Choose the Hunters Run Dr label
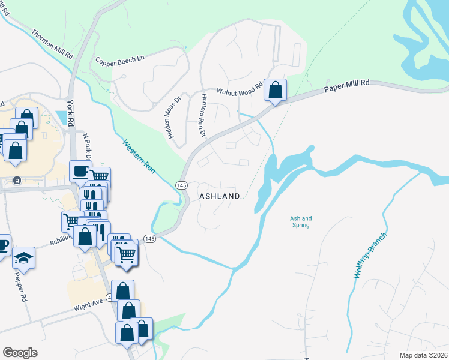click(x=203, y=115)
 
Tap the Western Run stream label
click(x=139, y=157)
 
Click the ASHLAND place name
click(x=219, y=196)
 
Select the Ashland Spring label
click(x=300, y=221)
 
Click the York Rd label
click(x=71, y=112)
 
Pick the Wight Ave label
click(x=88, y=305)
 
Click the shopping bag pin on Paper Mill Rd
click(x=275, y=91)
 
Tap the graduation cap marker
click(x=25, y=258)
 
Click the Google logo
click(x=20, y=353)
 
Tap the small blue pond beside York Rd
click(x=61, y=118)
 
